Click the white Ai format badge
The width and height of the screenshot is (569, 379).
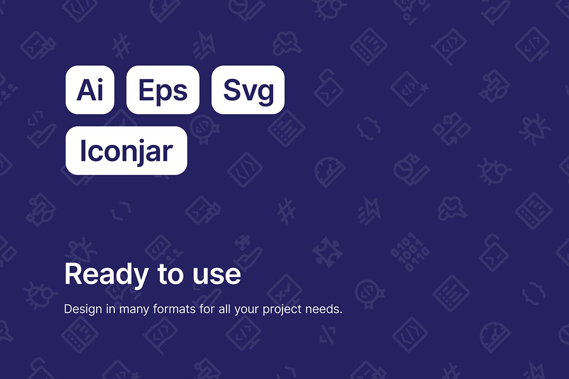click(90, 89)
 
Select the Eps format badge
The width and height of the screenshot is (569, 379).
click(163, 89)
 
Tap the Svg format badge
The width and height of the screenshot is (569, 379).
click(248, 89)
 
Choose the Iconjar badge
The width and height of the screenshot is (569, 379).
click(126, 151)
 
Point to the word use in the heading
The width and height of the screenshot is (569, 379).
click(216, 275)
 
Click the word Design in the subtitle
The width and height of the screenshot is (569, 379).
click(83, 310)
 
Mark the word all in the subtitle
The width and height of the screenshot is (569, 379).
click(224, 309)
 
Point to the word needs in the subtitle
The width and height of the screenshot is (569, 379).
click(324, 310)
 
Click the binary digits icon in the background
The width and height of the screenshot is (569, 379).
click(410, 252)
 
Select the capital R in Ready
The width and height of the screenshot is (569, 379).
click(72, 274)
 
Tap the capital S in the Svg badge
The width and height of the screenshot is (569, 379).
click(232, 89)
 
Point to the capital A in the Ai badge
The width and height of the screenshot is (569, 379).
click(86, 89)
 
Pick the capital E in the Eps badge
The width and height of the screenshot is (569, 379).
click(146, 89)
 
